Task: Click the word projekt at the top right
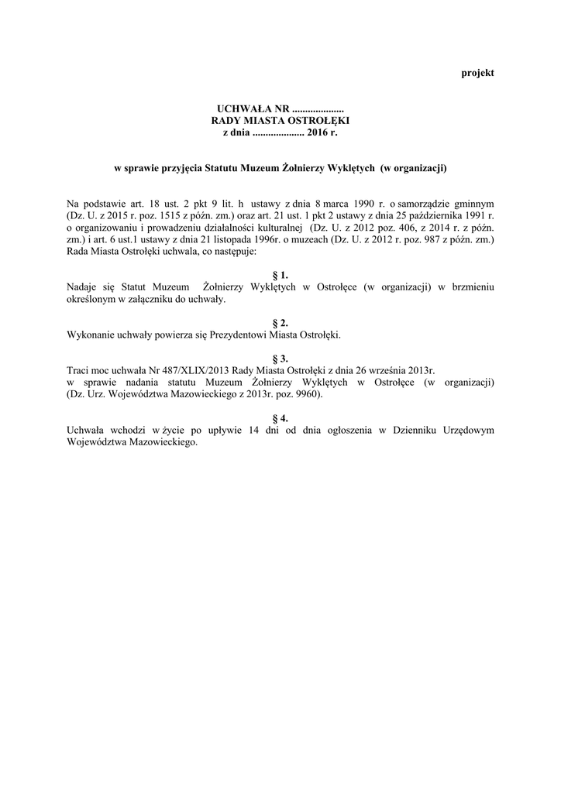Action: [x=477, y=73]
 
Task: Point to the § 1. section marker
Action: [x=280, y=275]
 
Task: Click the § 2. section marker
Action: [x=280, y=322]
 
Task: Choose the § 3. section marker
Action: [x=280, y=359]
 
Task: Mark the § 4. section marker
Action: [x=280, y=418]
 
